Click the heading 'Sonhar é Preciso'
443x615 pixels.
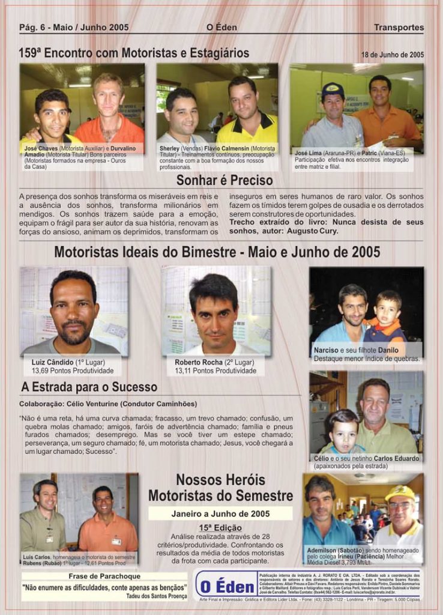pos(225,180)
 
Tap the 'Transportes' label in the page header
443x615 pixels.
pos(399,27)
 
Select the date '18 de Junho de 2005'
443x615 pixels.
pos(392,55)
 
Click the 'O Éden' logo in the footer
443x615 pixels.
pos(227,585)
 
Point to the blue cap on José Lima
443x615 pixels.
pos(332,90)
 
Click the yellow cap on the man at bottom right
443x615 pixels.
pos(400,493)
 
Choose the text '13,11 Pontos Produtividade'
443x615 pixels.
pos(215,371)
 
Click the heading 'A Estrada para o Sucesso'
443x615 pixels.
pos(89,387)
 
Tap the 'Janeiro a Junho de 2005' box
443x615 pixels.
pos(220,514)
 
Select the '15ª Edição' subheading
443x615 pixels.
pos(220,527)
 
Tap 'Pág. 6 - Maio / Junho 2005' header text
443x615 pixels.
pos(74,27)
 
